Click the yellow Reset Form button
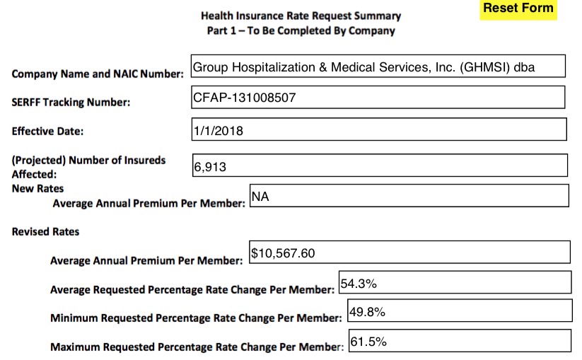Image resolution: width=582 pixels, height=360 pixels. pyautogui.click(x=518, y=9)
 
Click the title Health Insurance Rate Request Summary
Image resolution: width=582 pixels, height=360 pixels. pyautogui.click(x=301, y=16)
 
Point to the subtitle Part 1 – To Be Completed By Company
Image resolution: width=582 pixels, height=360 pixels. pyautogui.click(x=301, y=31)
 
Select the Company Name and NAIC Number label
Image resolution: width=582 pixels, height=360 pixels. pyautogui.click(x=98, y=74)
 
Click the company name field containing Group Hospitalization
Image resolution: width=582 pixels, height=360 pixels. pyautogui.click(x=378, y=67)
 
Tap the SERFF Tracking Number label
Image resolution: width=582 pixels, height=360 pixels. pyautogui.click(x=71, y=103)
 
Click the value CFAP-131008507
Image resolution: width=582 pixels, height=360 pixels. pyautogui.click(x=244, y=97)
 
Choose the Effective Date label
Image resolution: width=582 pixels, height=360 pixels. pyautogui.click(x=47, y=131)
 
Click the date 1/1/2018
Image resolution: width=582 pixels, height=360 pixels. pyautogui.click(x=218, y=130)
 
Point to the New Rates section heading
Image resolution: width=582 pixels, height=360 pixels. pyautogui.click(x=37, y=188)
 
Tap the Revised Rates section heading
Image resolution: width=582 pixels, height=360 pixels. pyautogui.click(x=45, y=231)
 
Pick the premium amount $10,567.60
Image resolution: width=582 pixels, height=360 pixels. pyautogui.click(x=284, y=252)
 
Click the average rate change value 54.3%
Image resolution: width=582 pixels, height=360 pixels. pyautogui.click(x=359, y=283)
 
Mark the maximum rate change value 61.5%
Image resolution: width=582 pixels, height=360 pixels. pyautogui.click(x=368, y=342)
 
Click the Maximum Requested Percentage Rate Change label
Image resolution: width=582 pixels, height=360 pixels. pyautogui.click(x=197, y=347)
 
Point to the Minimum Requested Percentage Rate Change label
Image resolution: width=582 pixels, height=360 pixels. pyautogui.click(x=196, y=318)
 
